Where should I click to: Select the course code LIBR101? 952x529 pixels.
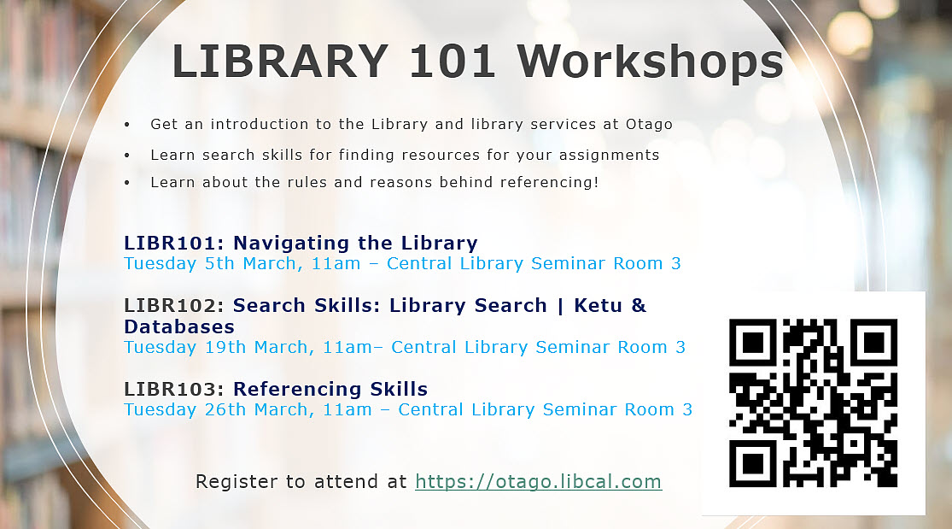(175, 243)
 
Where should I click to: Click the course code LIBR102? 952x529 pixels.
(175, 306)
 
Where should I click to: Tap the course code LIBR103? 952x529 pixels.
(175, 390)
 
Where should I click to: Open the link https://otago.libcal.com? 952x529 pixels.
(538, 482)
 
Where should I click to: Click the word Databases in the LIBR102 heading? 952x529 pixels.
(178, 327)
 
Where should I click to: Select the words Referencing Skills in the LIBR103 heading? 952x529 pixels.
(330, 390)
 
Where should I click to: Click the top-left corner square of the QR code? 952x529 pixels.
(752, 343)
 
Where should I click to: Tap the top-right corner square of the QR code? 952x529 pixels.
(873, 343)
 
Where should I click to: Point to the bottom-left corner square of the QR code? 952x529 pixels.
(752, 464)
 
